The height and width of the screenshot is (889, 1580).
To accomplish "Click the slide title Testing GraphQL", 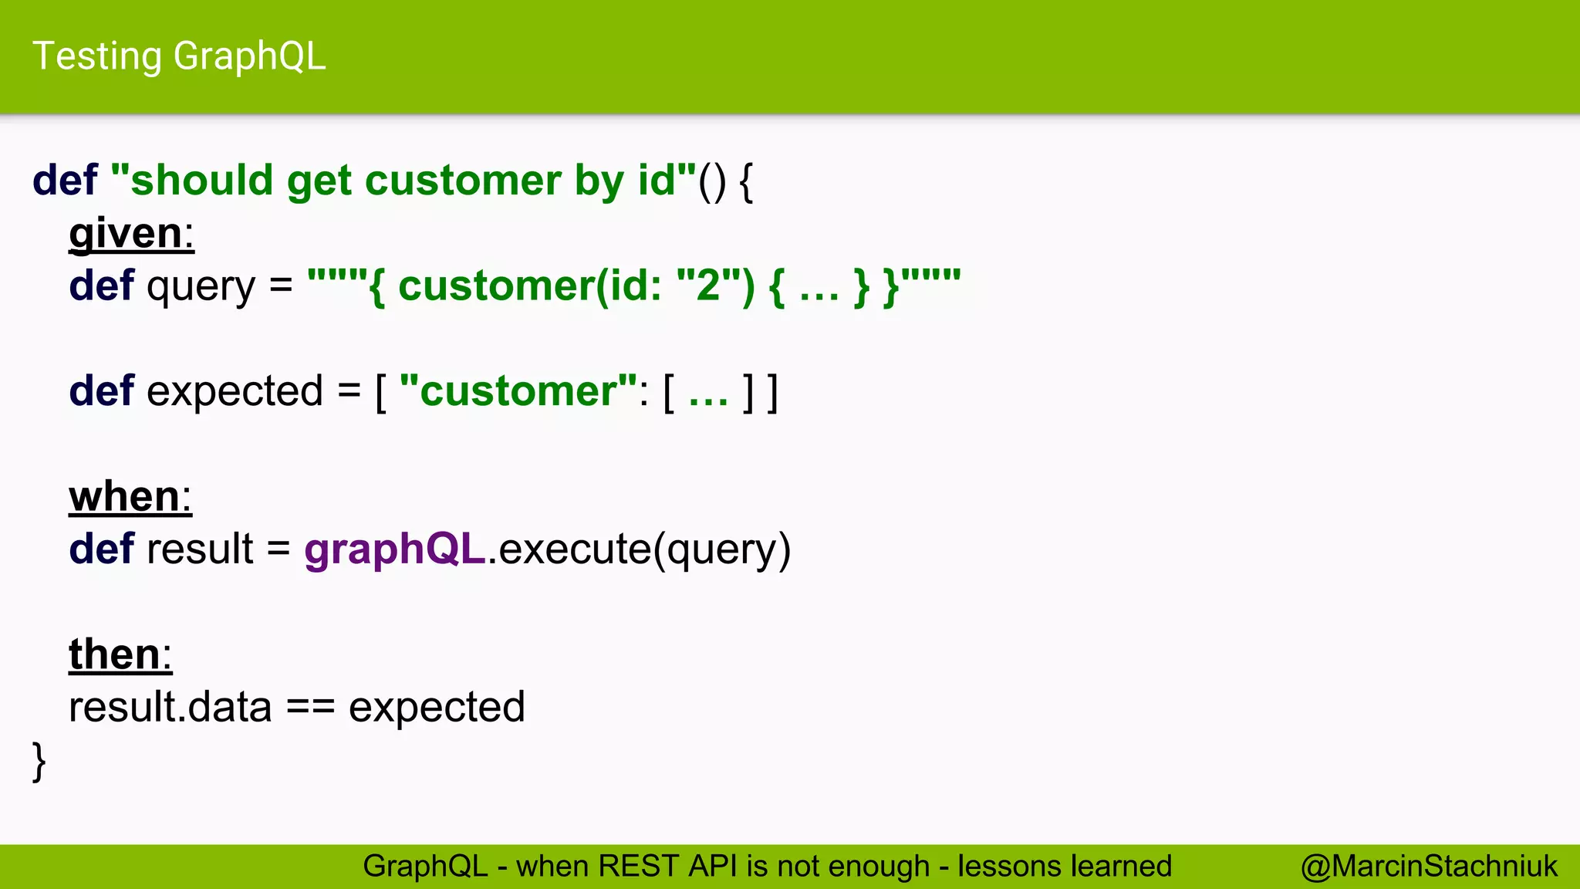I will click(x=179, y=56).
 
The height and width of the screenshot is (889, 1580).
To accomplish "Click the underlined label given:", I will click(x=131, y=233).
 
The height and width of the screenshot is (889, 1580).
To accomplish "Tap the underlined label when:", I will click(x=130, y=496).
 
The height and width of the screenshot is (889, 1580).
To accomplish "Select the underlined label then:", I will click(x=120, y=654).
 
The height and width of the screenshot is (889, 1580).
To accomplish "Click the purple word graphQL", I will click(x=394, y=549).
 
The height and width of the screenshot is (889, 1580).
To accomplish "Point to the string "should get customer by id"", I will click(x=403, y=181).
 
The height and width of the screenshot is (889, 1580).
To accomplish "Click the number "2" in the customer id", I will click(x=708, y=286).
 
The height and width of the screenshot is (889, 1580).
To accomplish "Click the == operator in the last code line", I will click(x=310, y=708).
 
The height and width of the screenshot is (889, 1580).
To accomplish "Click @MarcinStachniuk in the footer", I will click(x=1429, y=866).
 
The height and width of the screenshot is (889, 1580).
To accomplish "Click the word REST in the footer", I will click(x=639, y=866).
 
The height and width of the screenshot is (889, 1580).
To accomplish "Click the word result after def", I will click(x=200, y=549).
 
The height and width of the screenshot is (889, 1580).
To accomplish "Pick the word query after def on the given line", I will click(x=201, y=287).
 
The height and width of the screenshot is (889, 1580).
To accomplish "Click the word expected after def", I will click(x=235, y=391).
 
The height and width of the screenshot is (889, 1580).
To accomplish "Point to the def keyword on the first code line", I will click(x=65, y=181).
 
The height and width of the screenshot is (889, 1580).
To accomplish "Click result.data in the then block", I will click(x=170, y=708).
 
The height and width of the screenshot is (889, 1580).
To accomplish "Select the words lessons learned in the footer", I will click(x=1065, y=866).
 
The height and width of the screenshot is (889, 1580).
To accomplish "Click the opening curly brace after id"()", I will click(x=745, y=182).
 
